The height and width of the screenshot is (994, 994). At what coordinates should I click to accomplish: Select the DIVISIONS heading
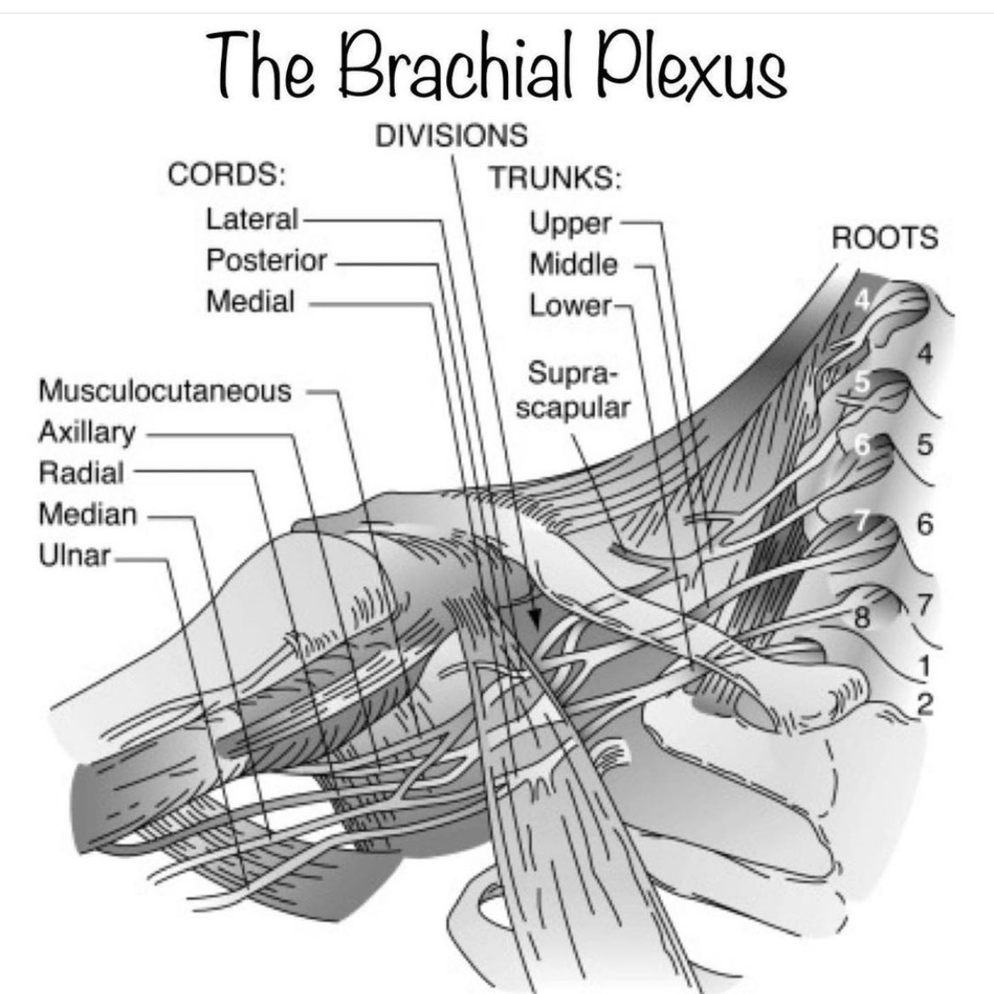pyautogui.click(x=451, y=136)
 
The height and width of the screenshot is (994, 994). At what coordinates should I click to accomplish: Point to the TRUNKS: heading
pyautogui.click(x=555, y=178)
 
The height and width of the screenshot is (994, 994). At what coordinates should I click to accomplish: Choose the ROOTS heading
pyautogui.click(x=884, y=239)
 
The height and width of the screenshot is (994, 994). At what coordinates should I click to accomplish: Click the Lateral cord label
pyautogui.click(x=251, y=219)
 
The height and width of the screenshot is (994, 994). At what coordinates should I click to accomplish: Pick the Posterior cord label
pyautogui.click(x=266, y=261)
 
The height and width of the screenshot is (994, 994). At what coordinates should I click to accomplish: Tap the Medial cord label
pyautogui.click(x=251, y=301)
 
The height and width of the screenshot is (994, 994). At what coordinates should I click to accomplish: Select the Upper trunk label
pyautogui.click(x=570, y=223)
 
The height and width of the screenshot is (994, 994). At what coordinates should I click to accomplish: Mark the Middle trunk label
pyautogui.click(x=573, y=265)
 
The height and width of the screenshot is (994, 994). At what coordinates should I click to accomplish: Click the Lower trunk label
pyautogui.click(x=569, y=305)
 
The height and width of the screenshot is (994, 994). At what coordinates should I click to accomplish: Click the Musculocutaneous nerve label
pyautogui.click(x=165, y=391)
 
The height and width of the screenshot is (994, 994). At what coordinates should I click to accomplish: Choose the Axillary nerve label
pyautogui.click(x=87, y=432)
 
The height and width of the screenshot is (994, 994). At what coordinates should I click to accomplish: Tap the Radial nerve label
pyautogui.click(x=82, y=473)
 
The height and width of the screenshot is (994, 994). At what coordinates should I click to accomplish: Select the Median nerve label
pyautogui.click(x=88, y=514)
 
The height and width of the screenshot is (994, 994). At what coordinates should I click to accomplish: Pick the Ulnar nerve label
pyautogui.click(x=75, y=556)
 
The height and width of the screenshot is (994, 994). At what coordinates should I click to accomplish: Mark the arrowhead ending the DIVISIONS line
pyautogui.click(x=534, y=620)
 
